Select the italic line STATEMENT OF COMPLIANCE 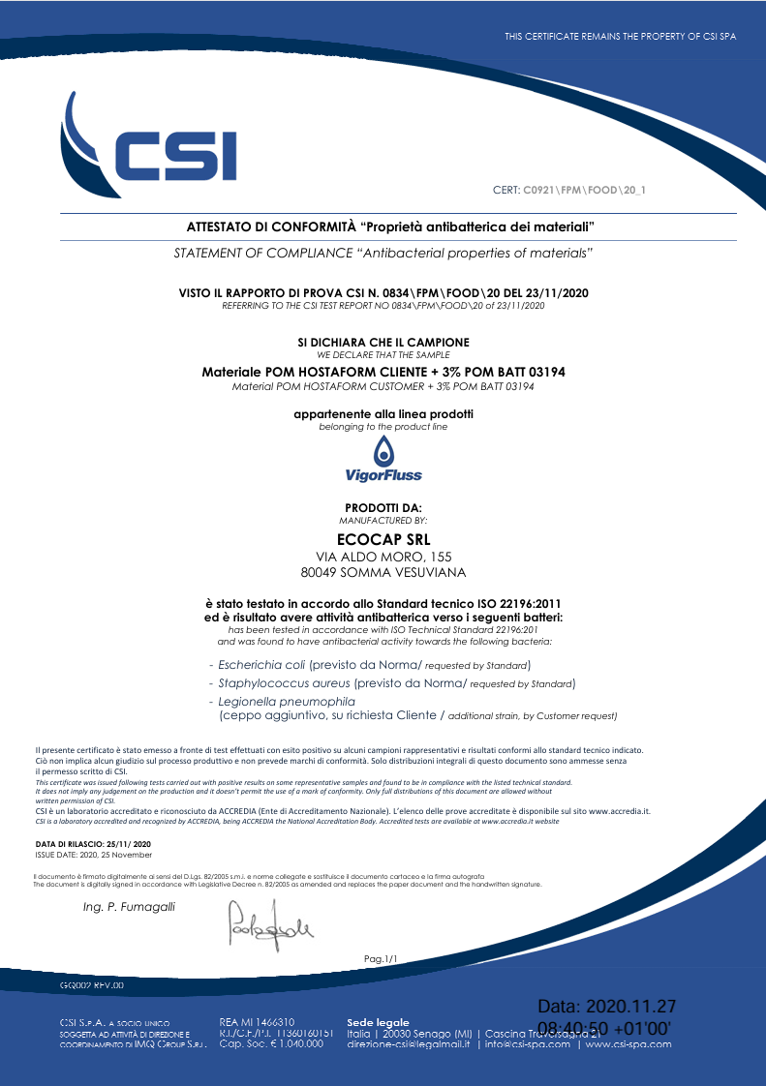click(383, 253)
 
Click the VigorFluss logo click(383, 459)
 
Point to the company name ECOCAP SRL click(383, 539)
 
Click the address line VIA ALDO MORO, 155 click(383, 557)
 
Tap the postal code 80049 click(320, 573)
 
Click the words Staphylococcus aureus click(280, 683)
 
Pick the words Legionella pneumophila click(287, 701)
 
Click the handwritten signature click(269, 923)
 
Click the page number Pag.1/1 click(381, 958)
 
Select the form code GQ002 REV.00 click(92, 984)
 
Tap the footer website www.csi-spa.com click(628, 1044)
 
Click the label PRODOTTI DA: click(383, 508)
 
